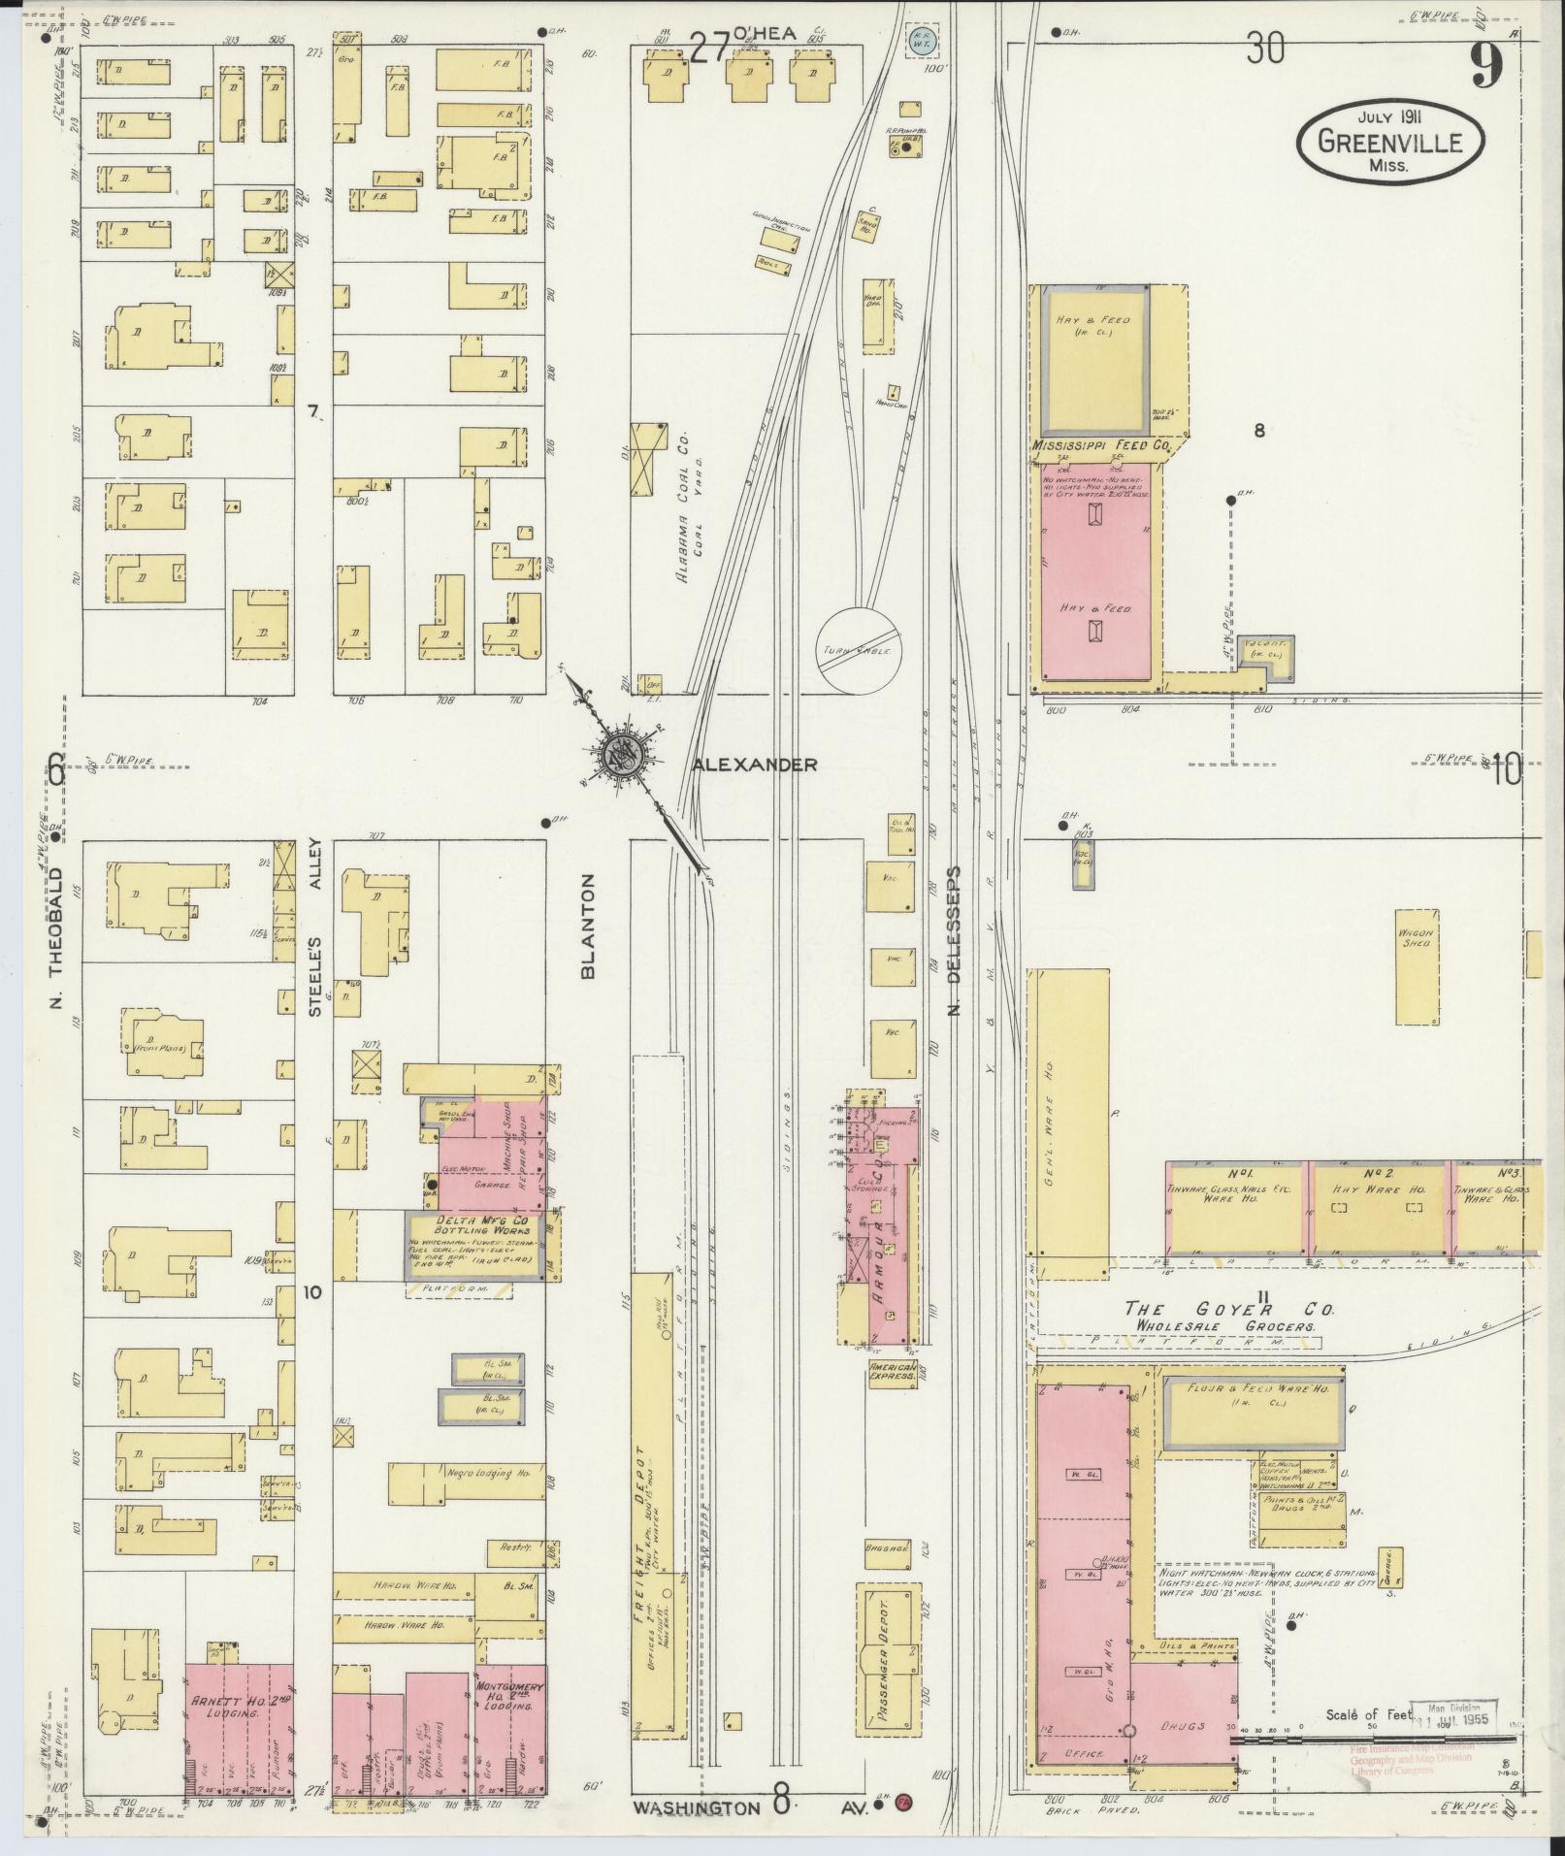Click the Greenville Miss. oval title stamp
click(x=1391, y=142)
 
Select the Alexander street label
click(x=755, y=765)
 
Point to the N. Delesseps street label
click(x=954, y=941)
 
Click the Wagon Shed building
click(x=1416, y=966)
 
